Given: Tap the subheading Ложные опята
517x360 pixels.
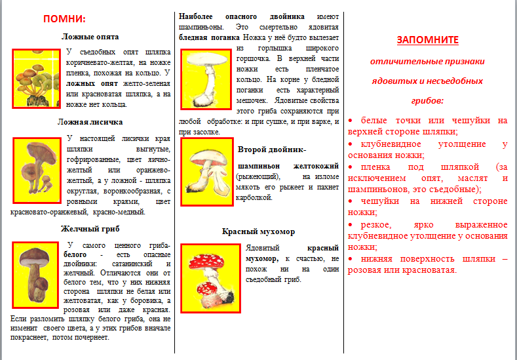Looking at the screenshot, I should click(x=90, y=37).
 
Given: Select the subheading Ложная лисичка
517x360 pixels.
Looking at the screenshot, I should click(x=90, y=122).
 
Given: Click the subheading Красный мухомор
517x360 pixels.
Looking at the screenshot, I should click(x=258, y=232).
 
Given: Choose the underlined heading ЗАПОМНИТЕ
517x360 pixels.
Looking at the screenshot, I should click(x=427, y=39).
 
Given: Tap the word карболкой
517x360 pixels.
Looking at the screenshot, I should click(x=253, y=196).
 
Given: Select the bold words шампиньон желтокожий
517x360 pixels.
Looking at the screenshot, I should click(x=288, y=166).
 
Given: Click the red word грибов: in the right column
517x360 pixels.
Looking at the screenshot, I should click(x=427, y=101).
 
